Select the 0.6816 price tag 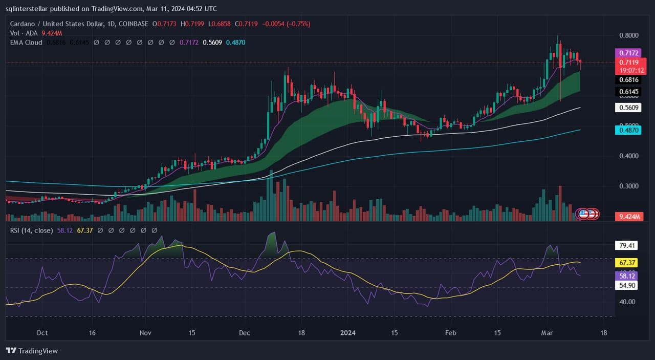[x=628, y=80]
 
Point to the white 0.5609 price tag [x=628, y=108]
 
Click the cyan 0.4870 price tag [x=628, y=130]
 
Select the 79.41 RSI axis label [x=627, y=245]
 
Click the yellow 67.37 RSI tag [x=627, y=263]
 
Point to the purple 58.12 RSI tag [x=627, y=276]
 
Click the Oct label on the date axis [x=42, y=333]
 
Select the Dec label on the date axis [x=245, y=333]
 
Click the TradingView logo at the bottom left [x=32, y=351]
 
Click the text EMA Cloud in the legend [x=26, y=43]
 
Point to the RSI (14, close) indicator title [x=31, y=230]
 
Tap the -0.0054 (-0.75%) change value [x=286, y=24]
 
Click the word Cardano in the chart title [x=23, y=24]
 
